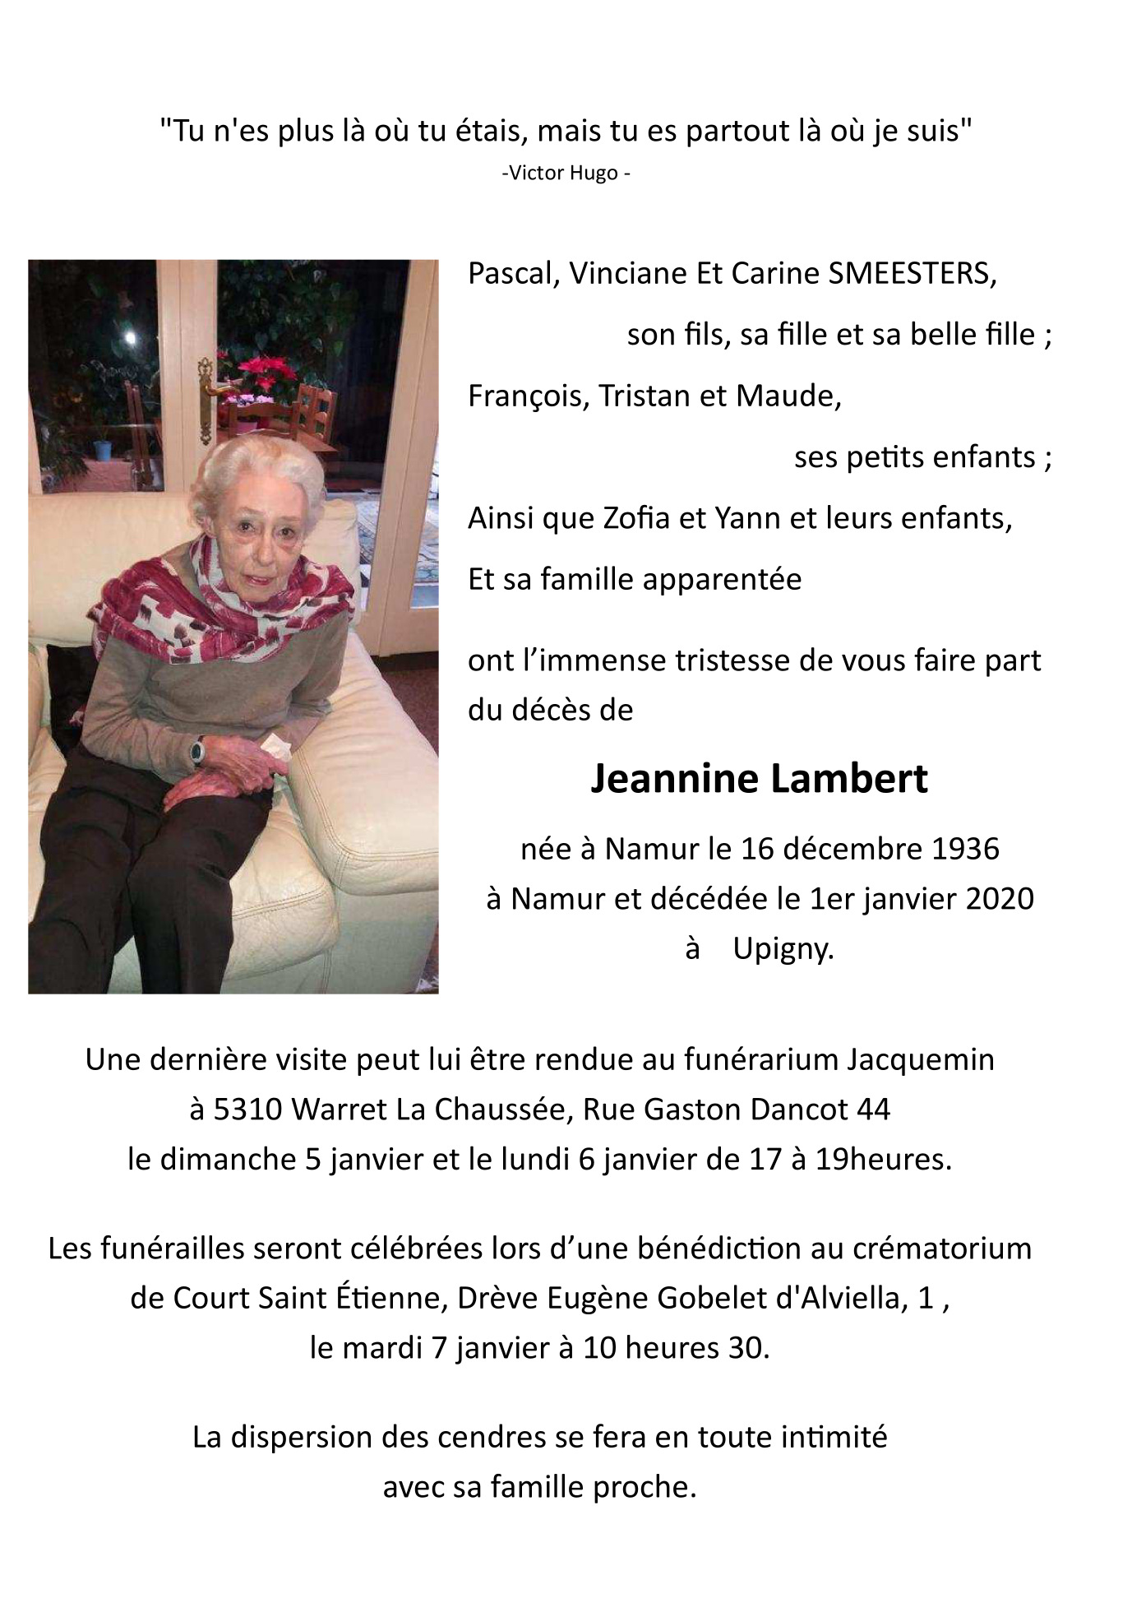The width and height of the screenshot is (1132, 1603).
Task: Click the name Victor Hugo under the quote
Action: point(565,174)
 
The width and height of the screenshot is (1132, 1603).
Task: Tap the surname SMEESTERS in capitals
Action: point(911,273)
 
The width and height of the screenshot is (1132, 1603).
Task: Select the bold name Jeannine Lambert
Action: point(759,778)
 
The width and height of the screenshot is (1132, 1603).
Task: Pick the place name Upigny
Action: point(783,948)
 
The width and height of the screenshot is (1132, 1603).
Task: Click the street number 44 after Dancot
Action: point(873,1110)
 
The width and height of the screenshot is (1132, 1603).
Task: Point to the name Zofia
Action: point(637,518)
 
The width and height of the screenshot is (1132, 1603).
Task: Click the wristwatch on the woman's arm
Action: point(197,749)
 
